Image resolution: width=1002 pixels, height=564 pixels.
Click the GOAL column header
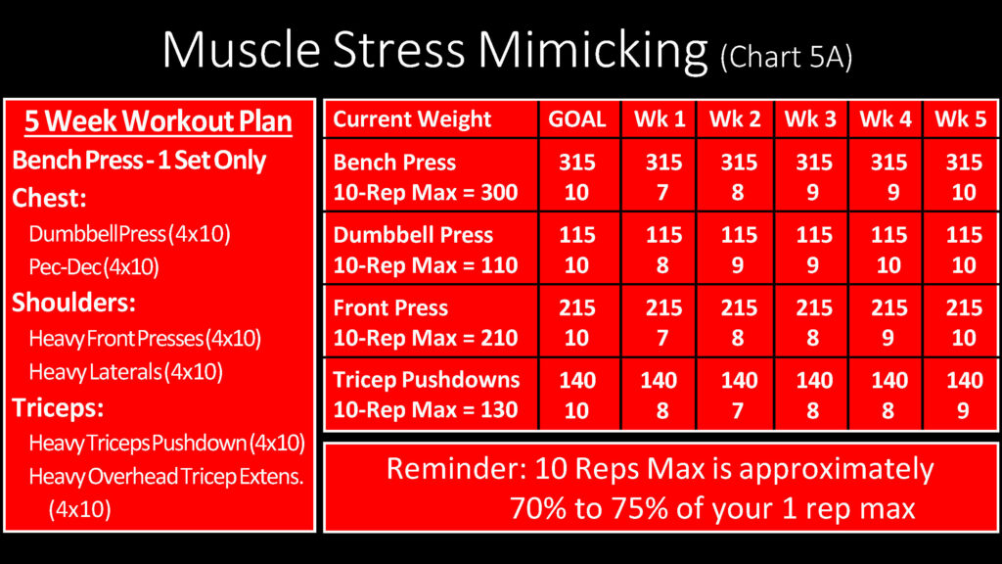tap(577, 118)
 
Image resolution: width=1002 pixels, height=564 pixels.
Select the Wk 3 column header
tap(810, 118)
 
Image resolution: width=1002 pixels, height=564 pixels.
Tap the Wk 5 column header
tap(961, 118)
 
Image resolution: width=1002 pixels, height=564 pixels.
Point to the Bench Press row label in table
tap(394, 163)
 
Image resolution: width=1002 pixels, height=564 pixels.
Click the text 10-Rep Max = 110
tap(426, 265)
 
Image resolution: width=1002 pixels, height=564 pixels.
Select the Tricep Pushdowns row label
tap(427, 380)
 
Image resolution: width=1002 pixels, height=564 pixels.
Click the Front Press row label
tap(390, 307)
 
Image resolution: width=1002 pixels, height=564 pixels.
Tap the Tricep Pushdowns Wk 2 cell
tap(739, 396)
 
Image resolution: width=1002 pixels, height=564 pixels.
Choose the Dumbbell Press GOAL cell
tap(577, 250)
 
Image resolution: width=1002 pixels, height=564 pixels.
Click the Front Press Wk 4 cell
tap(888, 323)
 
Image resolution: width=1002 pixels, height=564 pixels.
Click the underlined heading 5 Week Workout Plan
tap(159, 121)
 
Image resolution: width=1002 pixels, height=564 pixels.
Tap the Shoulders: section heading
tap(73, 303)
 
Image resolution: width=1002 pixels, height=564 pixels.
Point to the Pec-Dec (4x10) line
tap(94, 266)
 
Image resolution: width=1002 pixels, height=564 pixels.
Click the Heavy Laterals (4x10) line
tap(126, 371)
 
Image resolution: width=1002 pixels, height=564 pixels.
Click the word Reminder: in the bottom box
tap(457, 469)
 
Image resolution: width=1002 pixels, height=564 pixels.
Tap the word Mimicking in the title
tap(592, 51)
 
